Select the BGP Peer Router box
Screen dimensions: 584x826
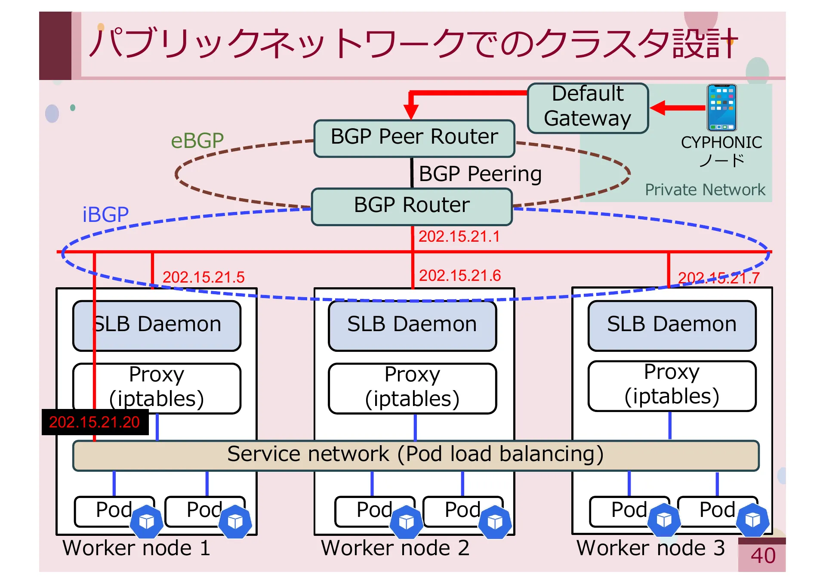[x=414, y=138]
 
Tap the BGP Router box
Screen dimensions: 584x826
[x=412, y=206]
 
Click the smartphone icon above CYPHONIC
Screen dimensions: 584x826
[x=721, y=108]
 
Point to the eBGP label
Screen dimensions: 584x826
[x=197, y=141]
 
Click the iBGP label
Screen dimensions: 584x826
[x=105, y=214]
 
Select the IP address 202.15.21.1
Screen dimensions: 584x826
[x=459, y=237]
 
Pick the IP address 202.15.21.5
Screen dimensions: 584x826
[x=203, y=277]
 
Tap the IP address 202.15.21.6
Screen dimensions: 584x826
[x=459, y=275]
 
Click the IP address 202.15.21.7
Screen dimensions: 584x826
[x=718, y=278]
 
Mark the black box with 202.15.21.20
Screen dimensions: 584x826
[x=95, y=422]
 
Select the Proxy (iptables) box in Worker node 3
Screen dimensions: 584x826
[x=672, y=386]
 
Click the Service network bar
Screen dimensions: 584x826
[x=415, y=455]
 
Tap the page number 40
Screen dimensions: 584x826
[x=763, y=556]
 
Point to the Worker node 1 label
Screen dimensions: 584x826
[x=136, y=548]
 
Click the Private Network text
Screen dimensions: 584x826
[x=705, y=190]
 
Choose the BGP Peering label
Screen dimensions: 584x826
[x=480, y=174]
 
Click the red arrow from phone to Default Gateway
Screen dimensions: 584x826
[x=678, y=108]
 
